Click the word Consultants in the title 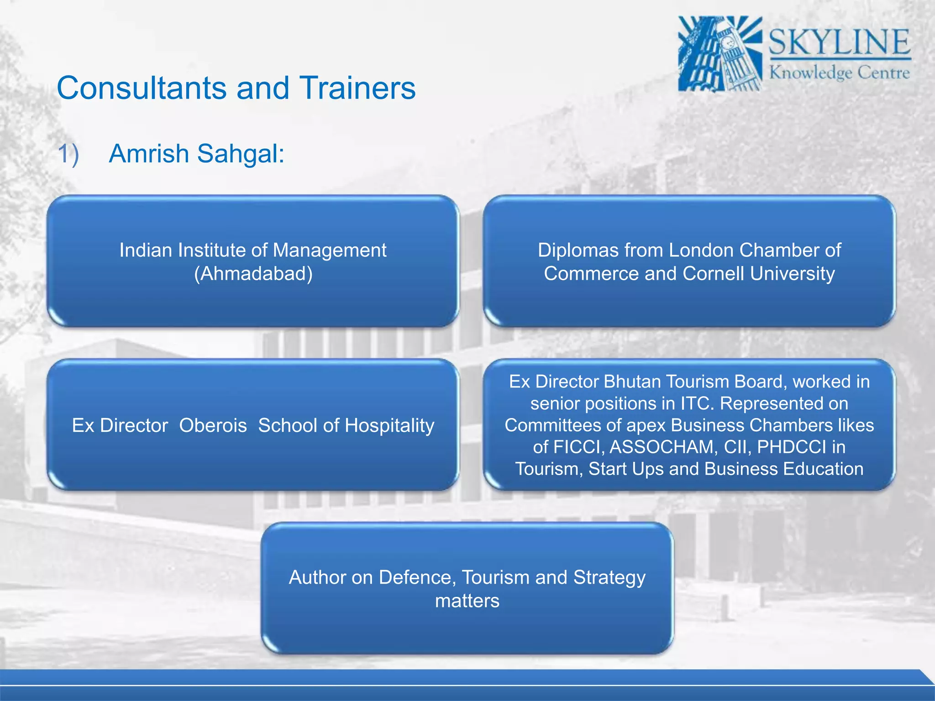pos(142,88)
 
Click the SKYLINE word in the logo pos(839,42)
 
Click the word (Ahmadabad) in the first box pos(253,274)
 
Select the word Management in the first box pos(329,250)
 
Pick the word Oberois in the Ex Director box pos(213,425)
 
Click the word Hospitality pos(389,425)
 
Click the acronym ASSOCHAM pos(664,447)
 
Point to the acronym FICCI pos(578,447)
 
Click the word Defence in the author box pos(417,577)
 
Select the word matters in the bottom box pos(467,601)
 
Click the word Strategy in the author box pos(609,577)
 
